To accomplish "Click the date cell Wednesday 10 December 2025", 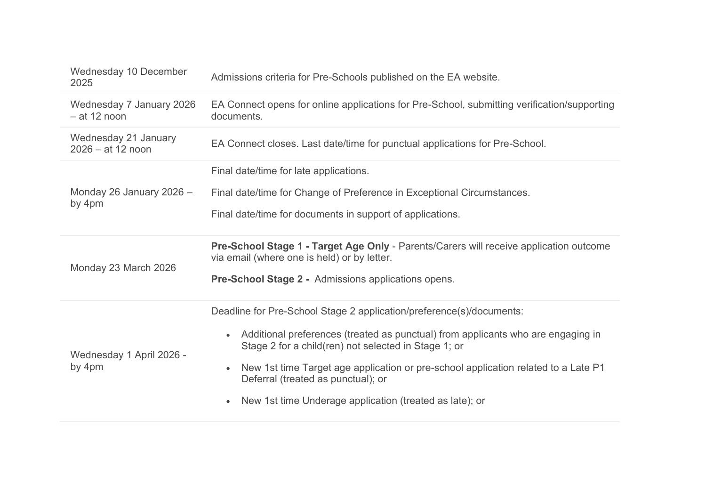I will (x=128, y=77).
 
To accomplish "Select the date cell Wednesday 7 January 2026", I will (x=133, y=110).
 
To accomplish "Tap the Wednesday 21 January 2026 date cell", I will (x=123, y=144).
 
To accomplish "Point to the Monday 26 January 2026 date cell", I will (x=131, y=198).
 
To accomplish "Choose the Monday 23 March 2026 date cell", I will (x=123, y=268).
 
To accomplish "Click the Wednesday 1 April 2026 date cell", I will (x=128, y=361).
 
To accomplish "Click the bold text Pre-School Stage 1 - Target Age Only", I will (x=300, y=246).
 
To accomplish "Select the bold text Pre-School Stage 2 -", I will (x=260, y=279).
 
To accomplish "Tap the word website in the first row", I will (x=480, y=77).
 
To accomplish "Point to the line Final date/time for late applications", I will (x=290, y=171).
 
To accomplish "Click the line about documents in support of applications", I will (x=335, y=214).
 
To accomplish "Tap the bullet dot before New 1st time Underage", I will (x=228, y=402).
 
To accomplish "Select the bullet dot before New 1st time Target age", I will (x=228, y=369).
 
